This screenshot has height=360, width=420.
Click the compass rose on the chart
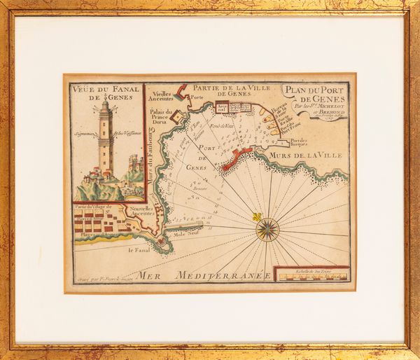tap(267, 230)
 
